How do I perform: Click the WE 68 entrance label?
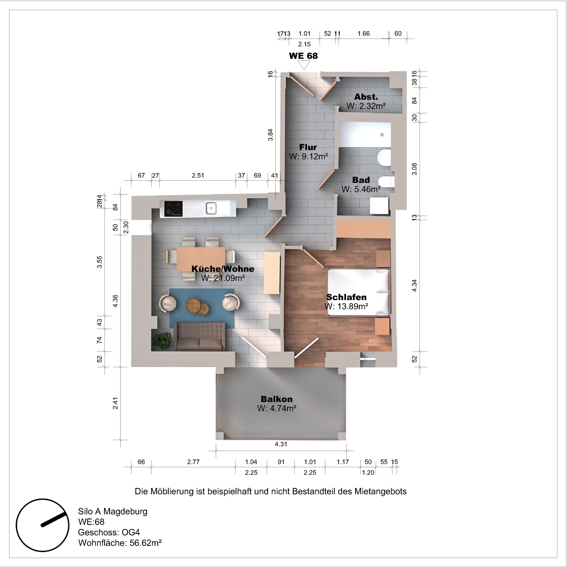pos(303,56)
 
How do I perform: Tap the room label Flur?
pos(308,147)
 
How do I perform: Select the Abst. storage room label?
pos(366,97)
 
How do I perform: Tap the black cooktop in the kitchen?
pos(173,209)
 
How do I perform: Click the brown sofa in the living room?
pos(200,337)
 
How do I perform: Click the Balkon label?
pos(276,399)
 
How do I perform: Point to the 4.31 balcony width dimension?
pos(281,444)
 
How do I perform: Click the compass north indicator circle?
pos(43,525)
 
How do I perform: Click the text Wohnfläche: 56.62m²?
pos(120,543)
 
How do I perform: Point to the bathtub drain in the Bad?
pos(382,135)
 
